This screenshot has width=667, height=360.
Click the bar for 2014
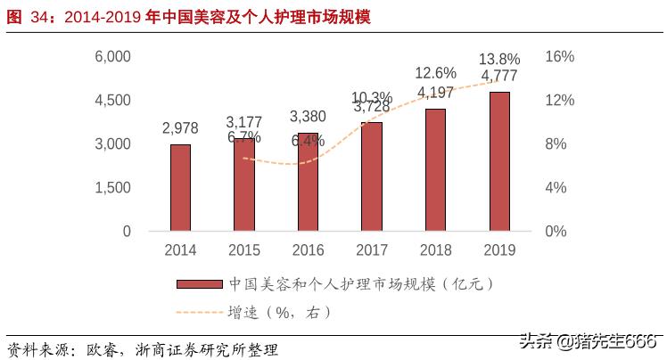coord(180,187)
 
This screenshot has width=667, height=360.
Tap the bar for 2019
coord(499,161)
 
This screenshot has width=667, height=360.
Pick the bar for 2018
coord(435,169)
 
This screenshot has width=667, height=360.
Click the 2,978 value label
coord(180,128)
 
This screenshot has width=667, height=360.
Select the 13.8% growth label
coord(499,59)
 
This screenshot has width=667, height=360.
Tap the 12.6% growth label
coord(436,73)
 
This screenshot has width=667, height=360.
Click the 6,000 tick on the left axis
coord(113,56)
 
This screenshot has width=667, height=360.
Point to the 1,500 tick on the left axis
coord(113,187)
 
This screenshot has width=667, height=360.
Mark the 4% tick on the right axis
coord(556,187)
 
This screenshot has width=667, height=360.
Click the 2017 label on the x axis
coord(372,250)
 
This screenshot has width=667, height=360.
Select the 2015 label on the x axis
coord(244,250)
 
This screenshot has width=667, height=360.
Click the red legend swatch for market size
coord(199,284)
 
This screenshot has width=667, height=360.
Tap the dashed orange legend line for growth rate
coord(199,312)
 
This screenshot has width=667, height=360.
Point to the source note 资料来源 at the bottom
coord(143,347)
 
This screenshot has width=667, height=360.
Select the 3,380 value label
coord(308,117)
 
